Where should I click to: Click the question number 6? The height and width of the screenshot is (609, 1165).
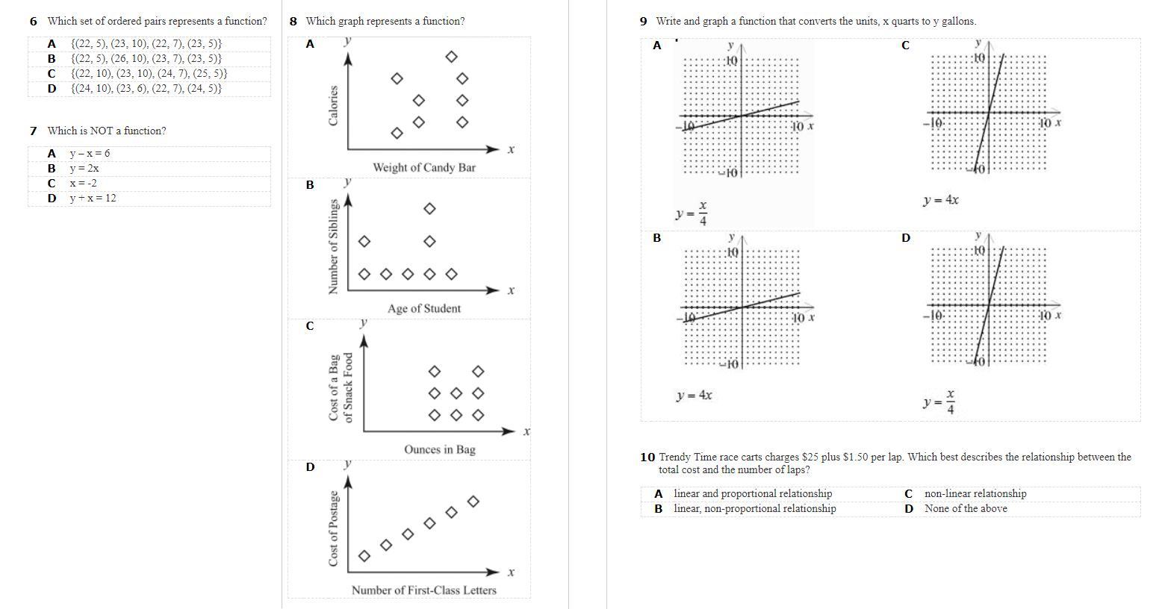pyautogui.click(x=34, y=22)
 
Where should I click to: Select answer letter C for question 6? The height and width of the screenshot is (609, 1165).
pyautogui.click(x=52, y=73)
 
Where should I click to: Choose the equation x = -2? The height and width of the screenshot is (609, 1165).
pyautogui.click(x=83, y=183)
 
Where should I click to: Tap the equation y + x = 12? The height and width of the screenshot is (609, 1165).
pyautogui.click(x=93, y=198)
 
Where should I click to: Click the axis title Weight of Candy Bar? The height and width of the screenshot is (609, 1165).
pyautogui.click(x=423, y=167)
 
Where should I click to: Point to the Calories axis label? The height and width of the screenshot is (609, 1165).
pyautogui.click(x=334, y=105)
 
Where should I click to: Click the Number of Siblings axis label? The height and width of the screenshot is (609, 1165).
pyautogui.click(x=334, y=246)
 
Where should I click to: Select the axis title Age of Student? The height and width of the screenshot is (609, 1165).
pyautogui.click(x=423, y=308)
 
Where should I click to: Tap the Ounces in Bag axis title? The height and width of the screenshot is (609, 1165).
pyautogui.click(x=439, y=449)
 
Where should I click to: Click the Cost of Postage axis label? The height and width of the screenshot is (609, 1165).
pyautogui.click(x=334, y=528)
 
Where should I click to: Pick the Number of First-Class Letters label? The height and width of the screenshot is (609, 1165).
pyautogui.click(x=423, y=590)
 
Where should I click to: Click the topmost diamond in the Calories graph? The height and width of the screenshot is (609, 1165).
pyautogui.click(x=451, y=57)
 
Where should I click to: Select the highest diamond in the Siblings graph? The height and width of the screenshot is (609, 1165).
pyautogui.click(x=429, y=209)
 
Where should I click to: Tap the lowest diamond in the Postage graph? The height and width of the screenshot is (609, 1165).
pyautogui.click(x=364, y=556)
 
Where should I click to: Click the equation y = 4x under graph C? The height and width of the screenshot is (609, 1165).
pyautogui.click(x=940, y=200)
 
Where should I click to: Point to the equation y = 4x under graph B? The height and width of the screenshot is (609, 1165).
pyautogui.click(x=694, y=396)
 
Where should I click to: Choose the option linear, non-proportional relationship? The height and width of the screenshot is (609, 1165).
pyautogui.click(x=754, y=508)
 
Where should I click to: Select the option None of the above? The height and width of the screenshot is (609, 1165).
pyautogui.click(x=965, y=508)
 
